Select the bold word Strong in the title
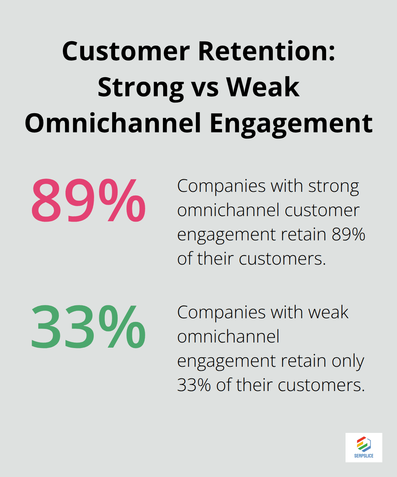coord(141,87)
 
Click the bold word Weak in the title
coord(263,87)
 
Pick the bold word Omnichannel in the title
coord(113,123)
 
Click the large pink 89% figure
coord(88,201)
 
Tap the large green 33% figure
coord(88,327)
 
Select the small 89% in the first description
coord(348,234)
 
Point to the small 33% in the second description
coord(194,385)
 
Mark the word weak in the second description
coord(328,313)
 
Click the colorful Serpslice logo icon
coord(364,444)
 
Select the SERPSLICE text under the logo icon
coord(364,456)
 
